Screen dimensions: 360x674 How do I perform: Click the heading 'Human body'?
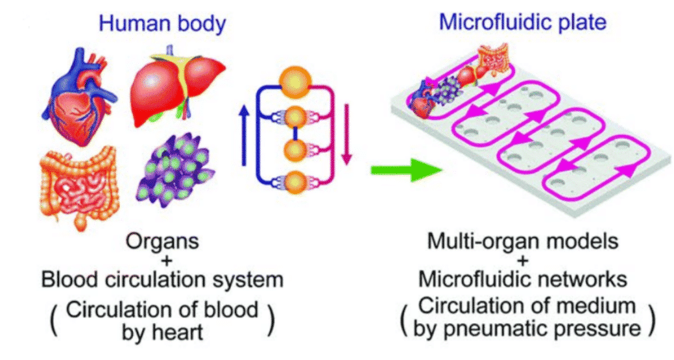[x=162, y=24]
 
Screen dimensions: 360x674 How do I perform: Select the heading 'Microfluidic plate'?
[x=522, y=23]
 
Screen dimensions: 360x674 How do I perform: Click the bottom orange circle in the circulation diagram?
[x=295, y=182]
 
